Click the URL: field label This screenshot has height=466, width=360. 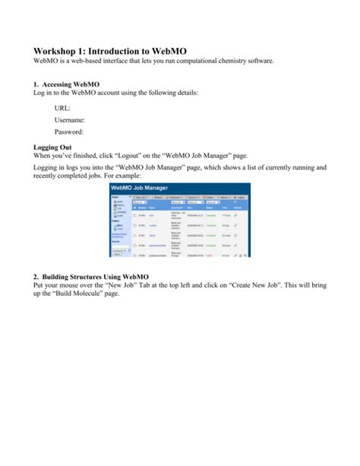tap(64, 107)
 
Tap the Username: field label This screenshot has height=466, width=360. tap(69, 119)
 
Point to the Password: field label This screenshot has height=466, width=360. tap(69, 132)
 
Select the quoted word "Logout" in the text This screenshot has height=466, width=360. tap(148, 154)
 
